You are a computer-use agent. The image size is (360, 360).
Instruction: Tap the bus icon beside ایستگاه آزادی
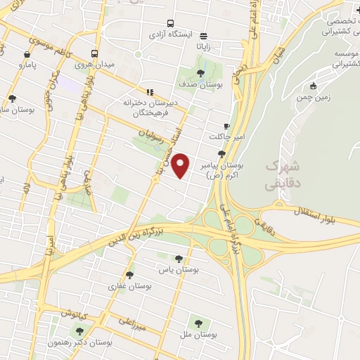click(171, 22)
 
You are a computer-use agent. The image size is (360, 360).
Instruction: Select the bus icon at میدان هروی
click(95, 53)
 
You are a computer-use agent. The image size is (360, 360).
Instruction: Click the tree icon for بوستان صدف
click(200, 72)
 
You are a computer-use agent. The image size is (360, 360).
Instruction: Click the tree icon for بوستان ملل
click(198, 323)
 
